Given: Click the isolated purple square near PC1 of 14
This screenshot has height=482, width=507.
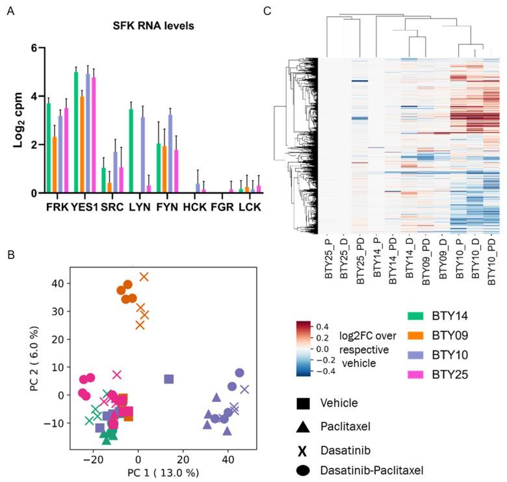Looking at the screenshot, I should click(169, 379).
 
